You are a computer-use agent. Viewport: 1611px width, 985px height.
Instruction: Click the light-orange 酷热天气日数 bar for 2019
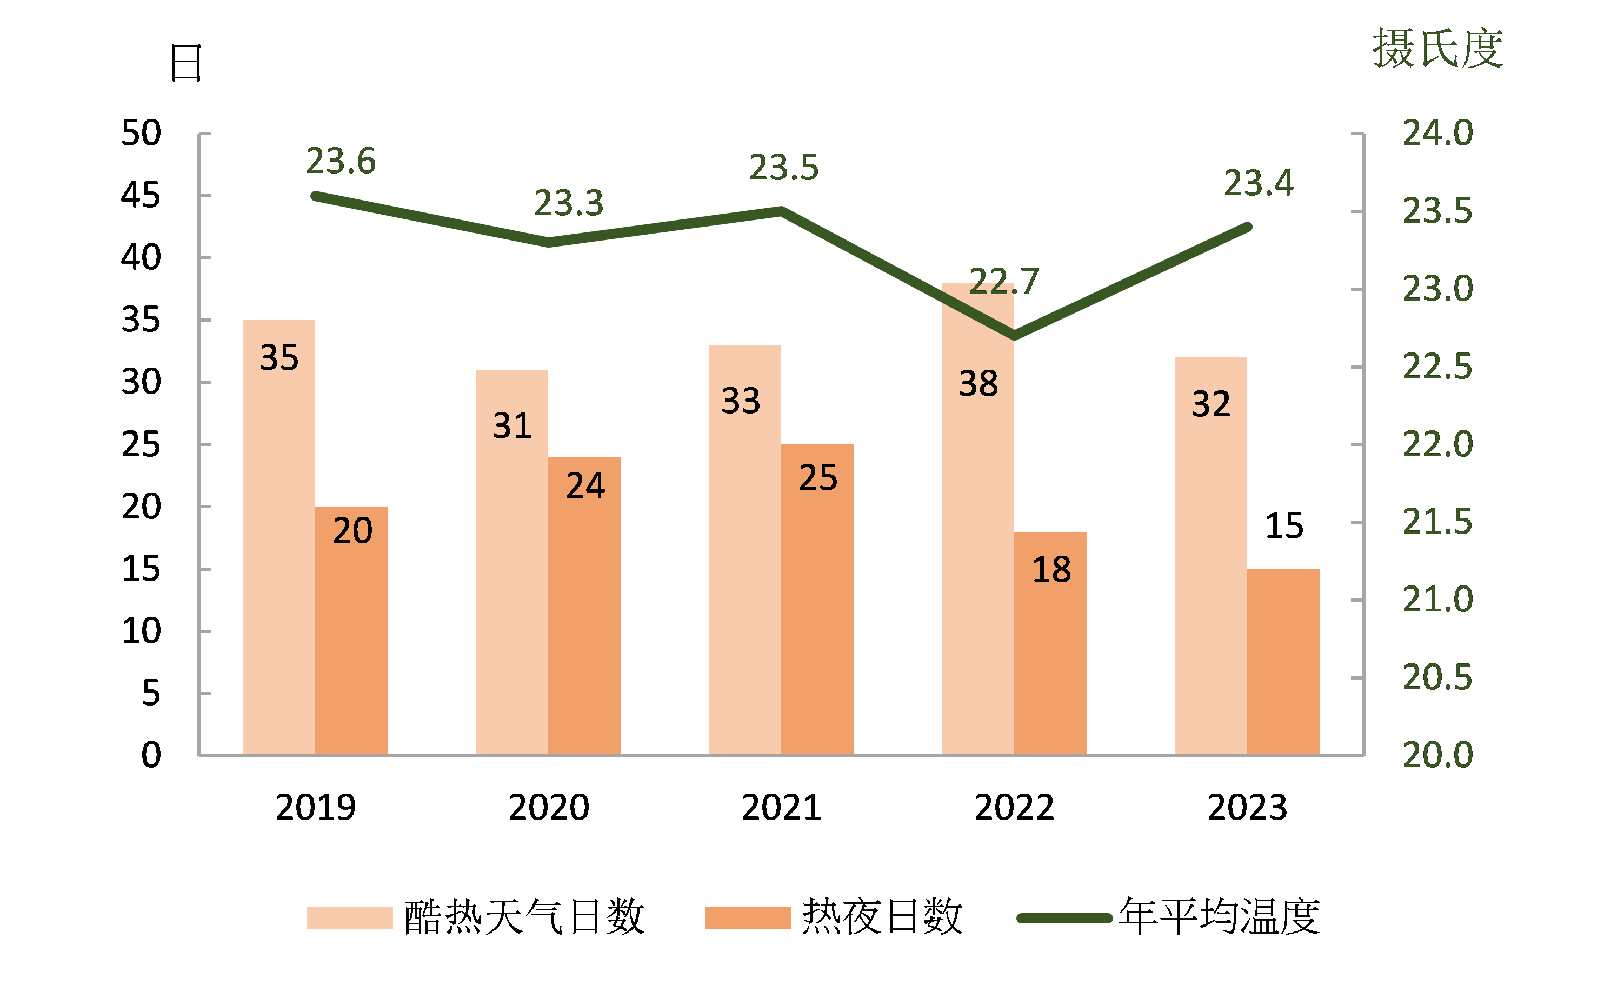(278, 556)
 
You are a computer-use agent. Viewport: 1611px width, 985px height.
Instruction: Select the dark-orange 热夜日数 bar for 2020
(584, 621)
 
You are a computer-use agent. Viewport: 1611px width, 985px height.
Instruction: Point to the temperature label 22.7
(1003, 282)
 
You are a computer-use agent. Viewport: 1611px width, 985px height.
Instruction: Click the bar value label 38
(978, 384)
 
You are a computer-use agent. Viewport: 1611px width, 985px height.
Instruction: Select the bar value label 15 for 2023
(1284, 525)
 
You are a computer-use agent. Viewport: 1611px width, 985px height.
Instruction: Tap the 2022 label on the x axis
(1014, 807)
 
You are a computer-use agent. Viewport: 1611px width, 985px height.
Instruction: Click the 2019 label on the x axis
(315, 807)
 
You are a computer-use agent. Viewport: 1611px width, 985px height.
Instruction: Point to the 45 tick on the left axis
(141, 195)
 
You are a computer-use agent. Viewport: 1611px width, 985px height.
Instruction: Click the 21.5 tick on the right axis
(1437, 522)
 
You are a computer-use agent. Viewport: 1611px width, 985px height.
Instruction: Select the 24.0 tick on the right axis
(1437, 134)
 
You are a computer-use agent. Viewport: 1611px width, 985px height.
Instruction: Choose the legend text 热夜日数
(882, 917)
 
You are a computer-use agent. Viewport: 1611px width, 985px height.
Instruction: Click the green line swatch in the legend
(1064, 919)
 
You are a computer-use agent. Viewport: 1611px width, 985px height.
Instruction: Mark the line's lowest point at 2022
(1014, 336)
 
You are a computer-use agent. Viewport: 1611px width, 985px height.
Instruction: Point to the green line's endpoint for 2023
(1248, 228)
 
